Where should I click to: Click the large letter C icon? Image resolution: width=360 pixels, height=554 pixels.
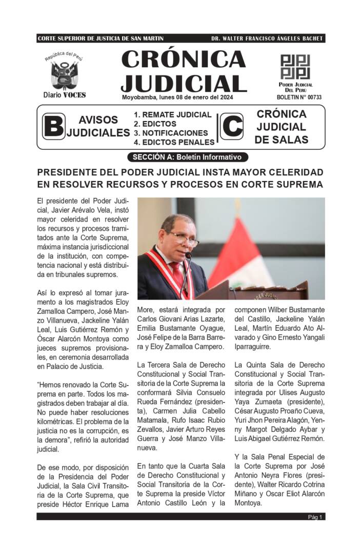coord(232,127)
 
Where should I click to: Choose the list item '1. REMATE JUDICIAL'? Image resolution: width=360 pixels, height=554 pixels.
coord(172,115)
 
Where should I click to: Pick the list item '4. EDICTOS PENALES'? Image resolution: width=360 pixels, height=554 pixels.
coord(174,142)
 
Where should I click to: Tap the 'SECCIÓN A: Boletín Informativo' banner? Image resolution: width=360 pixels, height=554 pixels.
coord(187,157)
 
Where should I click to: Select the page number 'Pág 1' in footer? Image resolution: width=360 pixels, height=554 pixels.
coord(315,517)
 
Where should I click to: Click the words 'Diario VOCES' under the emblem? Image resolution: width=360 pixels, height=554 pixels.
coord(65,94)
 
